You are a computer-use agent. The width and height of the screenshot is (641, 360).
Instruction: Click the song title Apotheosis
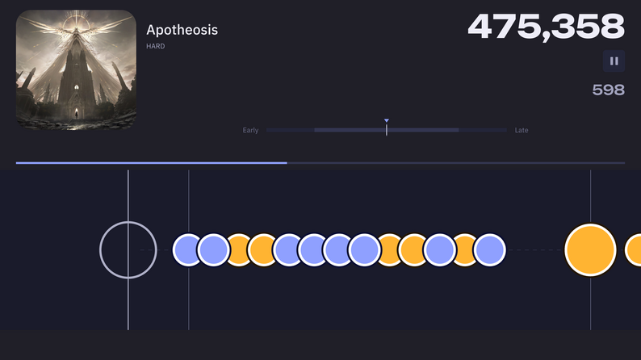coord(182,30)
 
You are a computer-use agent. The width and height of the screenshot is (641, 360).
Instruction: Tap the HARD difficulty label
coord(156,46)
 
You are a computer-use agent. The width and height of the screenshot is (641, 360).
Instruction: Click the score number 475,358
coord(547,27)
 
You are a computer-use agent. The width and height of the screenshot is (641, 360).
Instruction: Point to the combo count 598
coord(608,90)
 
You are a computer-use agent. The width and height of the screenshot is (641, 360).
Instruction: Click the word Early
coord(250,130)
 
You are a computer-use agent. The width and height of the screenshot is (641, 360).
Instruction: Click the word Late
coord(522,130)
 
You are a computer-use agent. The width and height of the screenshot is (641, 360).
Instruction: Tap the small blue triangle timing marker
coord(387,121)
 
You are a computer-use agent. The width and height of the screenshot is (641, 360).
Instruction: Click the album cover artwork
coord(76,70)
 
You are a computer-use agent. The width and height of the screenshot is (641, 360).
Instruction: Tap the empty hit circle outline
coord(100,250)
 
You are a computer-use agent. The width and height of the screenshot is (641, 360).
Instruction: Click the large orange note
coord(590,250)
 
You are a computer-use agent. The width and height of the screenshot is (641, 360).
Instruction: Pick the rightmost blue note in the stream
coord(490,249)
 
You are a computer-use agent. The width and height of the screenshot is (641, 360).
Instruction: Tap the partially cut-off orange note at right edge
coord(634,249)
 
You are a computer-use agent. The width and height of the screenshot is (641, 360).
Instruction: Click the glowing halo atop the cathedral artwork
coord(76,20)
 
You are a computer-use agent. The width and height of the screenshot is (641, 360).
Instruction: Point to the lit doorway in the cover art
coord(76,113)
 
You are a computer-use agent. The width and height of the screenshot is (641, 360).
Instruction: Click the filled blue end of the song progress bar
coord(286,163)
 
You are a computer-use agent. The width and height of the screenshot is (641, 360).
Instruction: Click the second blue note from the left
coord(213,249)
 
